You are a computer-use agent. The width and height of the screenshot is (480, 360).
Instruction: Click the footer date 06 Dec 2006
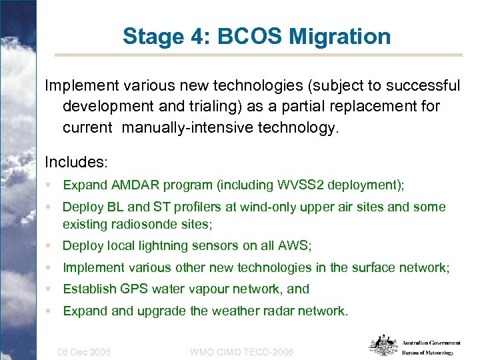tap(85, 351)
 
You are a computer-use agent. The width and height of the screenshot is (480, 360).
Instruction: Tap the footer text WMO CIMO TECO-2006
tap(241, 351)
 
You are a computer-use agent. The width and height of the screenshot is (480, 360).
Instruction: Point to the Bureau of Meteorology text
tap(427, 353)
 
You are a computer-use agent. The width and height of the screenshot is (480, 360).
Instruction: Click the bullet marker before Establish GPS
tap(49, 289)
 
